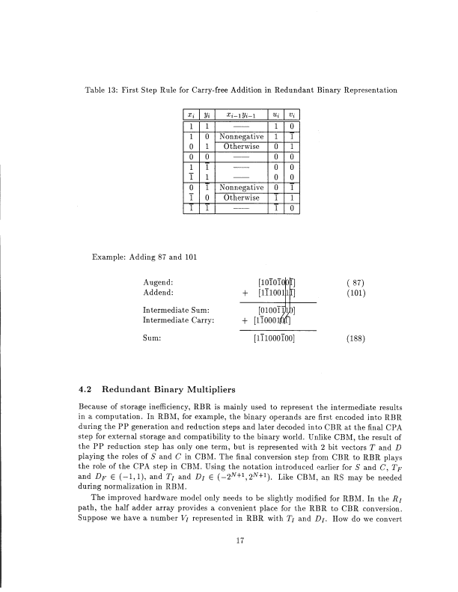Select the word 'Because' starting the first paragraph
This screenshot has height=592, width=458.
94,406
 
